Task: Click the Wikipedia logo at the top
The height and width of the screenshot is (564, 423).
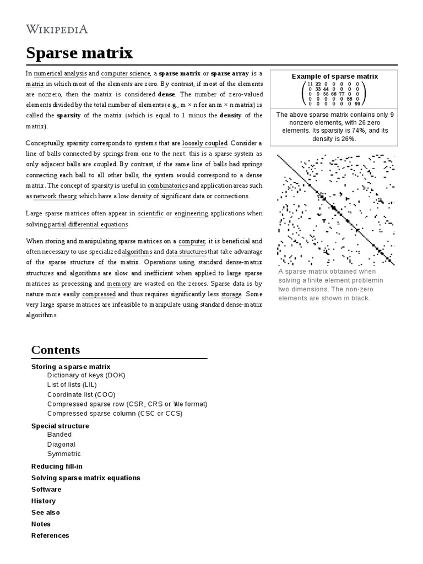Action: click(57, 29)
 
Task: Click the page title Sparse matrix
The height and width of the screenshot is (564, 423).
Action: click(79, 53)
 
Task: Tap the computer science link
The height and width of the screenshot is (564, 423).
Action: click(125, 73)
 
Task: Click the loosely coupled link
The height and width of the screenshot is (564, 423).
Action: click(204, 143)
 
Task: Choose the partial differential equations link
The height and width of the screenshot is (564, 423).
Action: click(88, 224)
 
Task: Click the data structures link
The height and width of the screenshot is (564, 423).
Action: click(186, 251)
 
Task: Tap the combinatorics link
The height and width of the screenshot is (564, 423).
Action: click(167, 186)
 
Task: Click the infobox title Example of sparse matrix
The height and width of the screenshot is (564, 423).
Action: click(334, 77)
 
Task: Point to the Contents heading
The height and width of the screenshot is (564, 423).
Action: click(56, 350)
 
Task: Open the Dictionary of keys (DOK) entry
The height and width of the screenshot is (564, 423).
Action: click(86, 376)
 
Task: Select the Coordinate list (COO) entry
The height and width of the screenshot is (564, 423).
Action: click(81, 394)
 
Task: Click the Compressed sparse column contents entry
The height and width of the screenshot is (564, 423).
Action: click(115, 413)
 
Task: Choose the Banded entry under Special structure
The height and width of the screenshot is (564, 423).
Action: click(59, 435)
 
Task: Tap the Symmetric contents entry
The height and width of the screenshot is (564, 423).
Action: click(64, 454)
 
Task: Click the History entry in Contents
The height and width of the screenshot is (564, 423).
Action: click(44, 501)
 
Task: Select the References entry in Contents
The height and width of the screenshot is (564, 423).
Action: click(50, 535)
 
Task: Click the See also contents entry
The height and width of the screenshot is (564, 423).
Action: click(46, 512)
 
